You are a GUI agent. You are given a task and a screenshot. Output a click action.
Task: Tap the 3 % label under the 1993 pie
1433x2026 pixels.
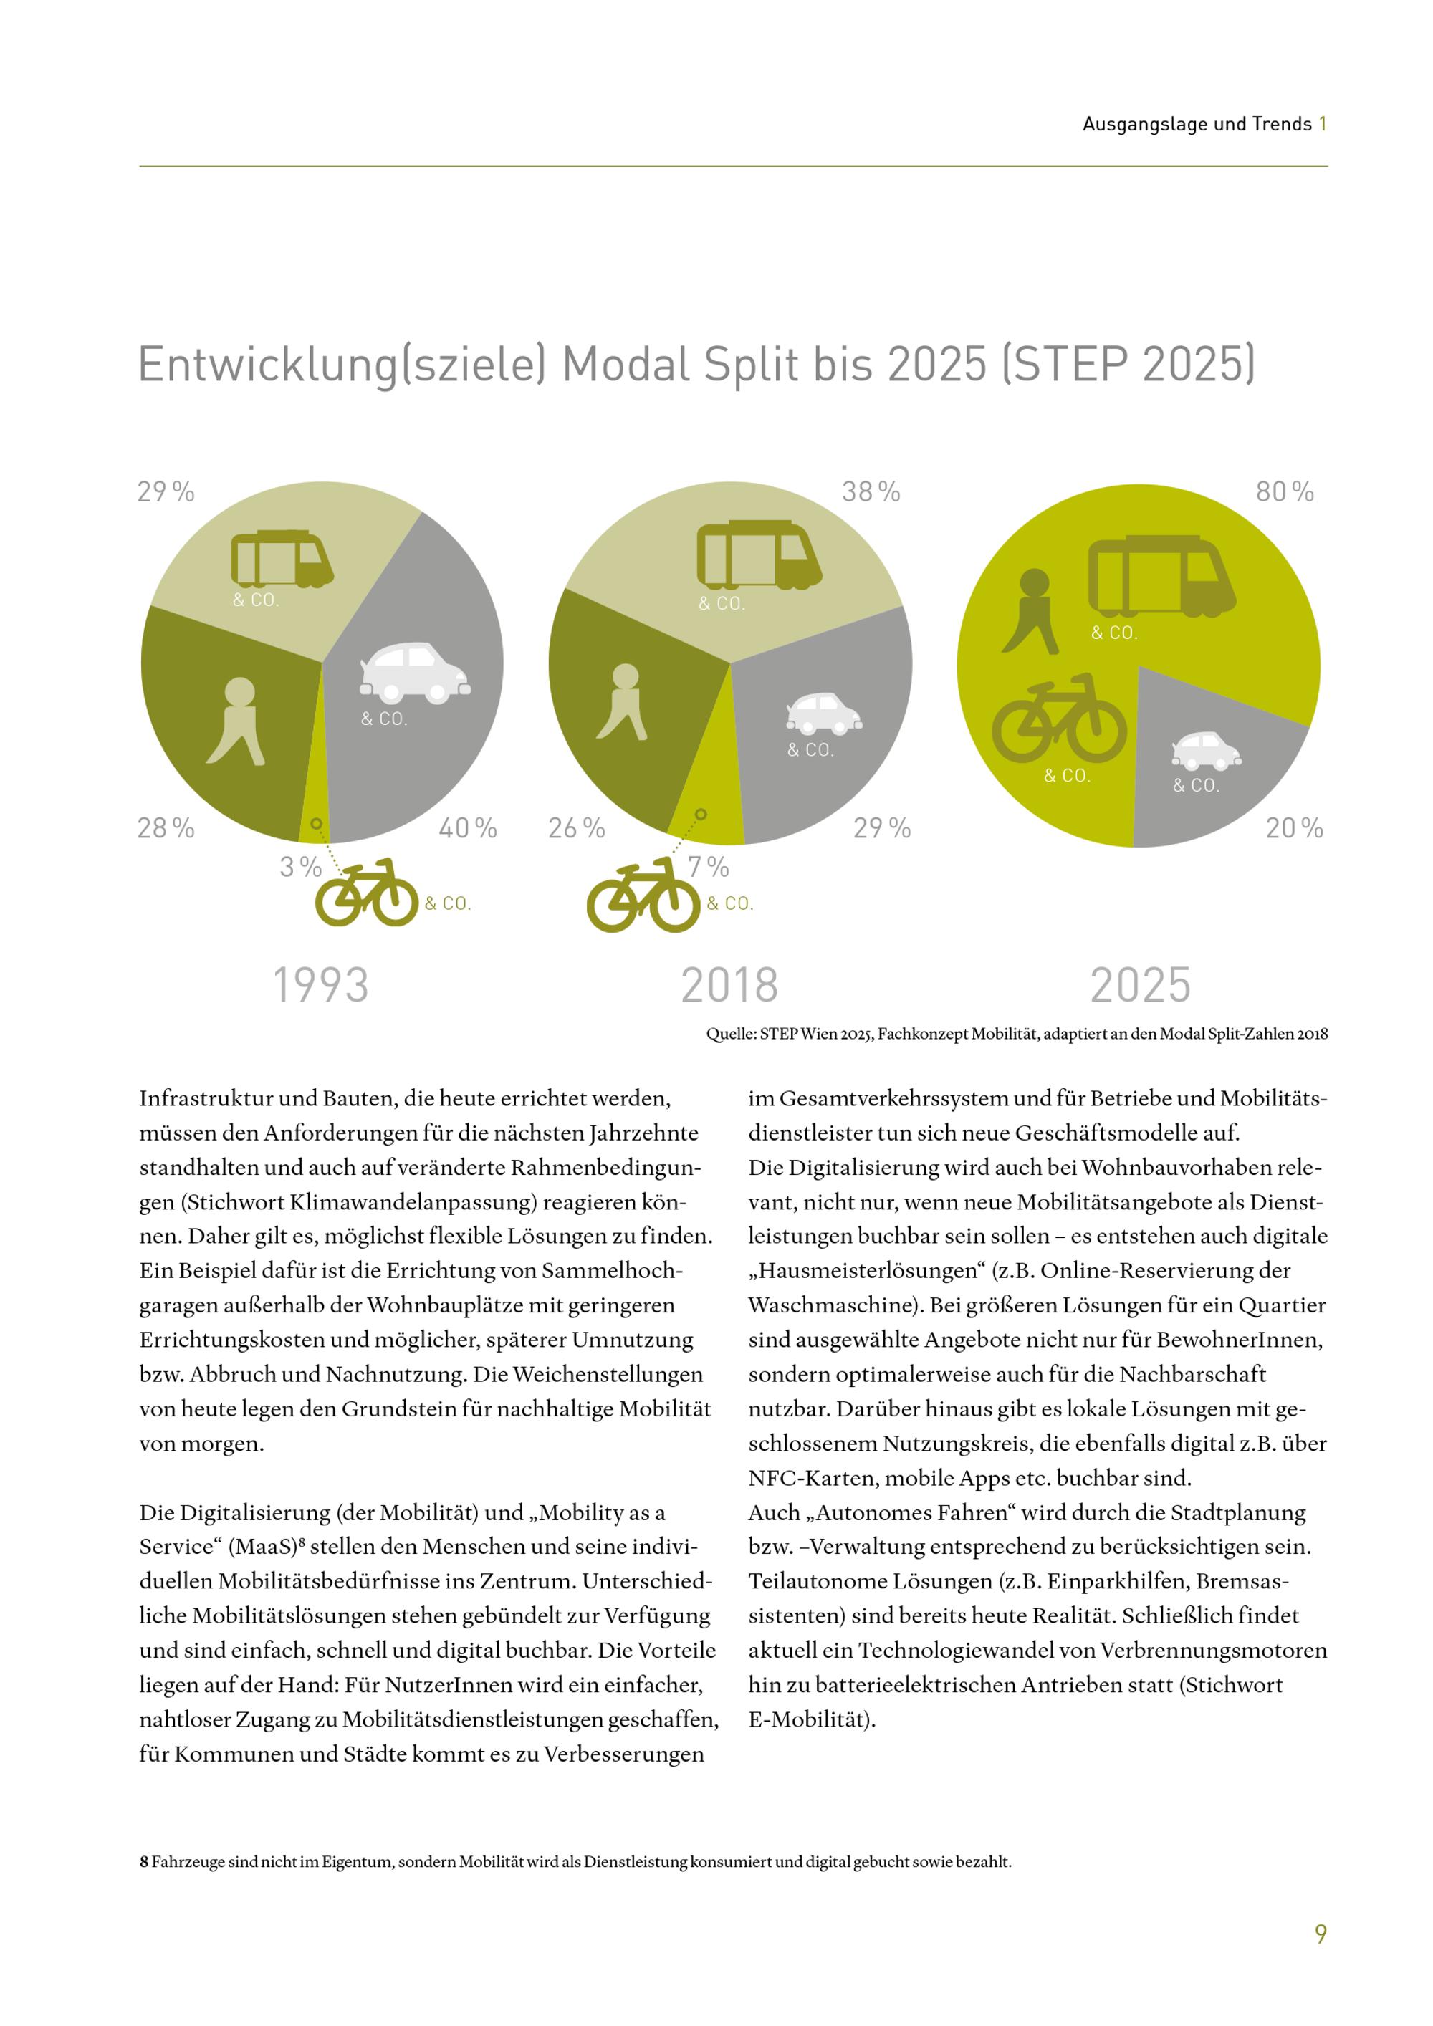pos(300,867)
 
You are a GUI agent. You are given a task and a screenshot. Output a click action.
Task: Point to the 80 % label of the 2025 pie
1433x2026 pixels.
pos(1284,491)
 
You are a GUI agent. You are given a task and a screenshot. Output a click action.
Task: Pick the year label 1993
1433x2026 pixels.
pos(320,985)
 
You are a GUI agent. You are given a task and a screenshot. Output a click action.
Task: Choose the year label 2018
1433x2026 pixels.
pos(729,985)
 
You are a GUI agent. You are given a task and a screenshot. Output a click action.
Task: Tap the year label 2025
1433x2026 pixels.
pos(1140,985)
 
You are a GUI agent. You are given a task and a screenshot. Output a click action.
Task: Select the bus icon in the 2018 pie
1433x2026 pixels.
pos(759,555)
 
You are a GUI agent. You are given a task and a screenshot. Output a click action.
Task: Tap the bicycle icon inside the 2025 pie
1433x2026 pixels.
pos(1059,719)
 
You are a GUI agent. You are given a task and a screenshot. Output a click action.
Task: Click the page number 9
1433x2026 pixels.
pos(1320,1934)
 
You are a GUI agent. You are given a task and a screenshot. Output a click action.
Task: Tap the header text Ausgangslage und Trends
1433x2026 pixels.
pos(1197,125)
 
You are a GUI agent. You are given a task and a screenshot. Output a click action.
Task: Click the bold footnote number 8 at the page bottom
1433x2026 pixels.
pos(143,1863)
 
